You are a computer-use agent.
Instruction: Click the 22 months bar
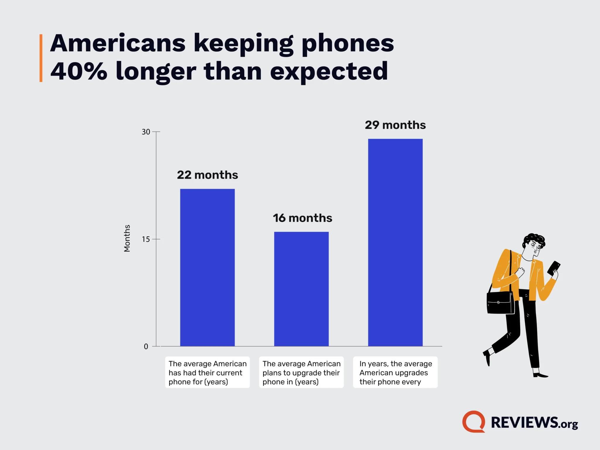pyautogui.click(x=207, y=267)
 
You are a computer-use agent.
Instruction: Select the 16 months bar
pyautogui.click(x=301, y=289)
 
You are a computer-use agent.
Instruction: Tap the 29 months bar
pyautogui.click(x=395, y=242)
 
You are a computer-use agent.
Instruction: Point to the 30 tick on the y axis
pyautogui.click(x=146, y=132)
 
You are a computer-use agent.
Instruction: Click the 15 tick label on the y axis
pyautogui.click(x=146, y=239)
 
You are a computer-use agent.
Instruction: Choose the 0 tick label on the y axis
pyautogui.click(x=146, y=347)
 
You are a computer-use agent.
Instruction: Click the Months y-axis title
pyautogui.click(x=127, y=238)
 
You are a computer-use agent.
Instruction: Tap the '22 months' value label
pyautogui.click(x=207, y=175)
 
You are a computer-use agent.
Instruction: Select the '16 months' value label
pyautogui.click(x=302, y=218)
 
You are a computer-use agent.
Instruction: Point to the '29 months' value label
pyautogui.click(x=395, y=125)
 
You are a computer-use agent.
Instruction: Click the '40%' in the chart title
pyautogui.click(x=79, y=71)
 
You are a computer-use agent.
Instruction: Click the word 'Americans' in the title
pyautogui.click(x=118, y=43)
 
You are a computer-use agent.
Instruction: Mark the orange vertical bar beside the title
pyautogui.click(x=41, y=58)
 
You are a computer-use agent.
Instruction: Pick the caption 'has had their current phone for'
pyautogui.click(x=207, y=372)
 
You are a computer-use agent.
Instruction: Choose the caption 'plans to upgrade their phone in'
pyautogui.click(x=301, y=372)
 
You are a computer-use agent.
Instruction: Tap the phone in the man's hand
pyautogui.click(x=553, y=268)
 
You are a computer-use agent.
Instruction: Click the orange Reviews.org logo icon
pyautogui.click(x=473, y=422)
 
